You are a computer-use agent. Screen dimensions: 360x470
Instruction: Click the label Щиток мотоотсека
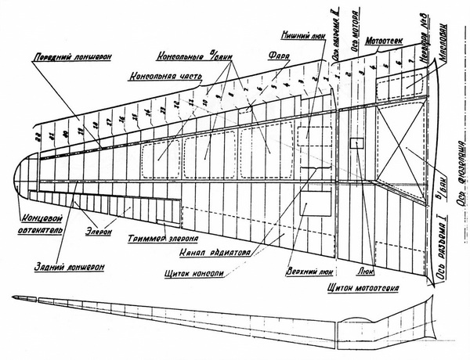point(361,287)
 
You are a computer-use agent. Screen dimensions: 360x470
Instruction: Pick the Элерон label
point(99,232)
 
